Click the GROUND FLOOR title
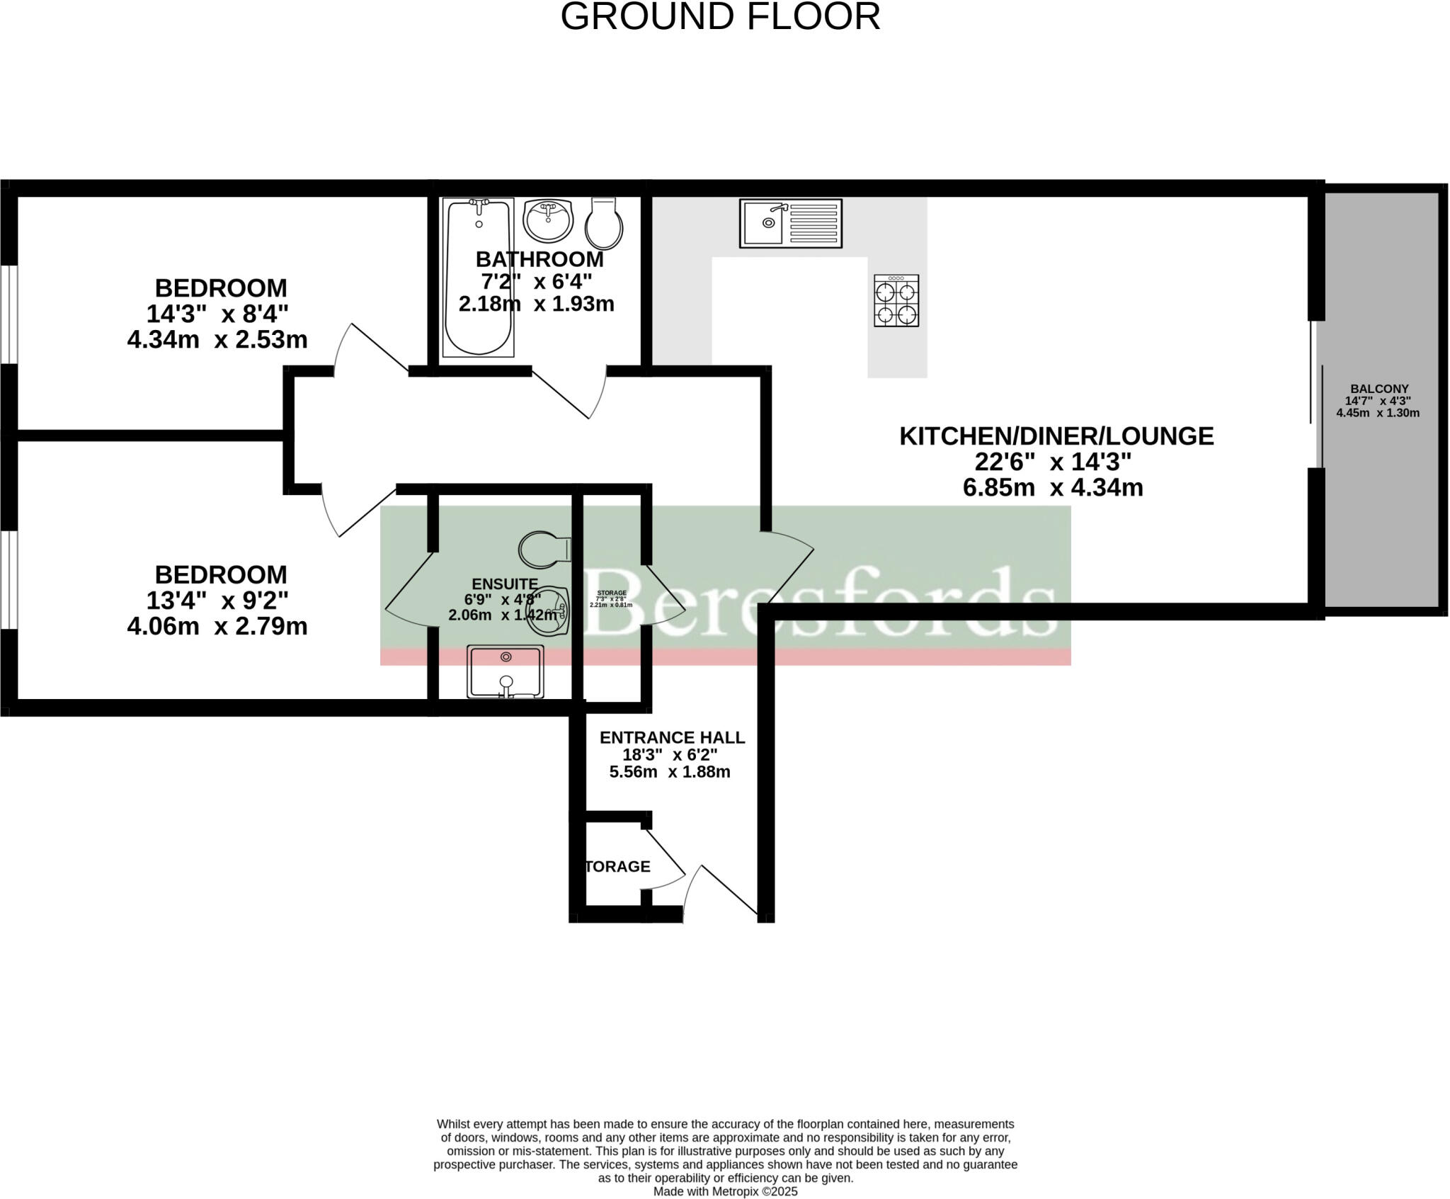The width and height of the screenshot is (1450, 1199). point(720,16)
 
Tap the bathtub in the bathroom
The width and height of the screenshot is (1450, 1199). point(479,278)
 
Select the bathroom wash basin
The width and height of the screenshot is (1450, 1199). point(547,220)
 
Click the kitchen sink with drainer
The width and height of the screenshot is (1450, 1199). point(790,223)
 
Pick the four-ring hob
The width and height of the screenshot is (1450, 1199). point(896,301)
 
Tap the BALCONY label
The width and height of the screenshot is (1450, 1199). point(1378,389)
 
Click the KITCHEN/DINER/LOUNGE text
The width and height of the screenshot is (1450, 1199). point(1056,436)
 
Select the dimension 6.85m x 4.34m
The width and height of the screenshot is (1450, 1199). point(1052,487)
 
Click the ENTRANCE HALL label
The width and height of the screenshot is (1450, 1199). point(672,737)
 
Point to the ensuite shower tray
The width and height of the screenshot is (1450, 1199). point(505,671)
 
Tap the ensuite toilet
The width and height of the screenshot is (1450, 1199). point(544,549)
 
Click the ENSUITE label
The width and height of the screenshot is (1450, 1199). point(504,584)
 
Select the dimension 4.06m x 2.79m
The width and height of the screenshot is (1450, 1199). point(217,626)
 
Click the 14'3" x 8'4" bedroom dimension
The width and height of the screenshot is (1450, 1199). point(217,313)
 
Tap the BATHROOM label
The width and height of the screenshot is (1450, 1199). point(539,259)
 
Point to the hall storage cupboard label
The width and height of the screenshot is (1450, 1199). point(617,866)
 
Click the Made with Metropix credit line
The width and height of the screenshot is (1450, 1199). point(725,1191)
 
